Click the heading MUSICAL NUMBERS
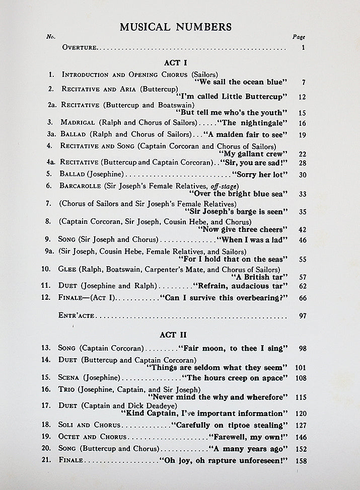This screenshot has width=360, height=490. tap(175, 27)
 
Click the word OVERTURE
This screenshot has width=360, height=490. tap(79, 48)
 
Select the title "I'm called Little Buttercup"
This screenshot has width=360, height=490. tap(232, 97)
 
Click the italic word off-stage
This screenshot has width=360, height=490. tap(222, 186)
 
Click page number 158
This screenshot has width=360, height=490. tap(301, 460)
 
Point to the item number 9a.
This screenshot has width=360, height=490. tap(50, 252)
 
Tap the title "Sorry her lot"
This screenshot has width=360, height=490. tap(259, 174)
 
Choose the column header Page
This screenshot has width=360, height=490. tap(299, 37)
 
